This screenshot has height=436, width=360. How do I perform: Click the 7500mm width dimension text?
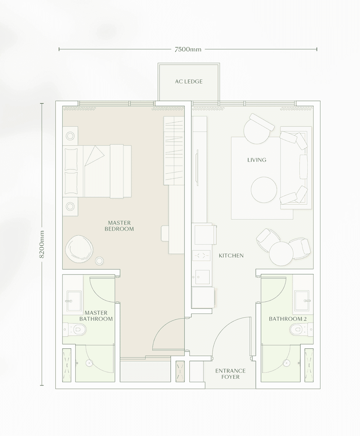(188, 49)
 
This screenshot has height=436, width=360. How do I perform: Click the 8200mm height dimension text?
(42, 244)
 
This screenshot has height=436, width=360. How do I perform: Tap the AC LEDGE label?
(189, 82)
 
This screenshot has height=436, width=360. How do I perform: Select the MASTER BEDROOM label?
(119, 226)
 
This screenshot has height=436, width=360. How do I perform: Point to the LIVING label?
(257, 160)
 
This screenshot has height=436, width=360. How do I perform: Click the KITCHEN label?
(231, 256)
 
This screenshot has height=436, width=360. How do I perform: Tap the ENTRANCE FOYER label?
(230, 374)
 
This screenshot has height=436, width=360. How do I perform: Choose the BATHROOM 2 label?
(288, 319)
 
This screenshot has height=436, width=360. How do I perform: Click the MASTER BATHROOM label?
(96, 316)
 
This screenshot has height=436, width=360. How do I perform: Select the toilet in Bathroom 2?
(299, 329)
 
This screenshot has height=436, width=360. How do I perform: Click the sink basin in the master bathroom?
(74, 301)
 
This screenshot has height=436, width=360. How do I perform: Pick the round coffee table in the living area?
(264, 190)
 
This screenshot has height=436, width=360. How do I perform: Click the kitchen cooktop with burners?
(201, 256)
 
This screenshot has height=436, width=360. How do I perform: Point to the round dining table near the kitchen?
(281, 254)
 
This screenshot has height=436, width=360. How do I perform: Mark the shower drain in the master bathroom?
(89, 363)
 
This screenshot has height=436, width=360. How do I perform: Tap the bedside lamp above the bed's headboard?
(70, 136)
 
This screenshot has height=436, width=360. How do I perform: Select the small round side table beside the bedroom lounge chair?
(99, 260)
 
